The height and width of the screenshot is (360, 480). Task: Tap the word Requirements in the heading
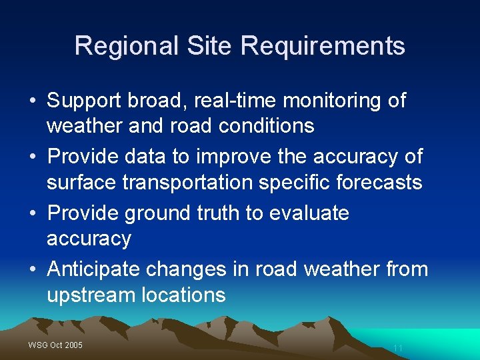[x=323, y=46]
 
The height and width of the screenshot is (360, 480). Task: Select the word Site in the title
[x=209, y=46]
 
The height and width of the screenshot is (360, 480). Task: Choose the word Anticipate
[x=93, y=269]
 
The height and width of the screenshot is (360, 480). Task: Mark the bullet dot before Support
[x=33, y=101]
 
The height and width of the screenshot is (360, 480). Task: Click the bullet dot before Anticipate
[x=33, y=270]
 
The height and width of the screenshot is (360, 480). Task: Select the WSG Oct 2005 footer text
[x=55, y=345]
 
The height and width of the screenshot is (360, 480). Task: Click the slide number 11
[x=398, y=348]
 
